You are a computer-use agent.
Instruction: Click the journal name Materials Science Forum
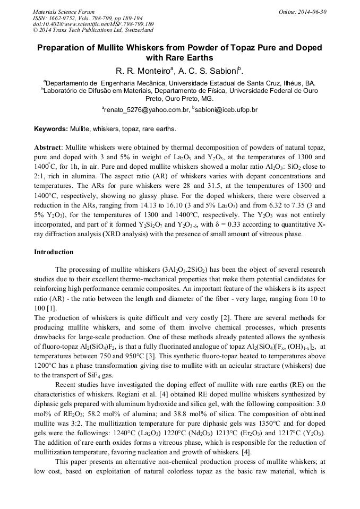(x=64, y=12)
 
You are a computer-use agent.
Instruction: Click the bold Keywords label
(x=51, y=129)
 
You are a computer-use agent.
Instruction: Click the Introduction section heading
(x=54, y=252)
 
